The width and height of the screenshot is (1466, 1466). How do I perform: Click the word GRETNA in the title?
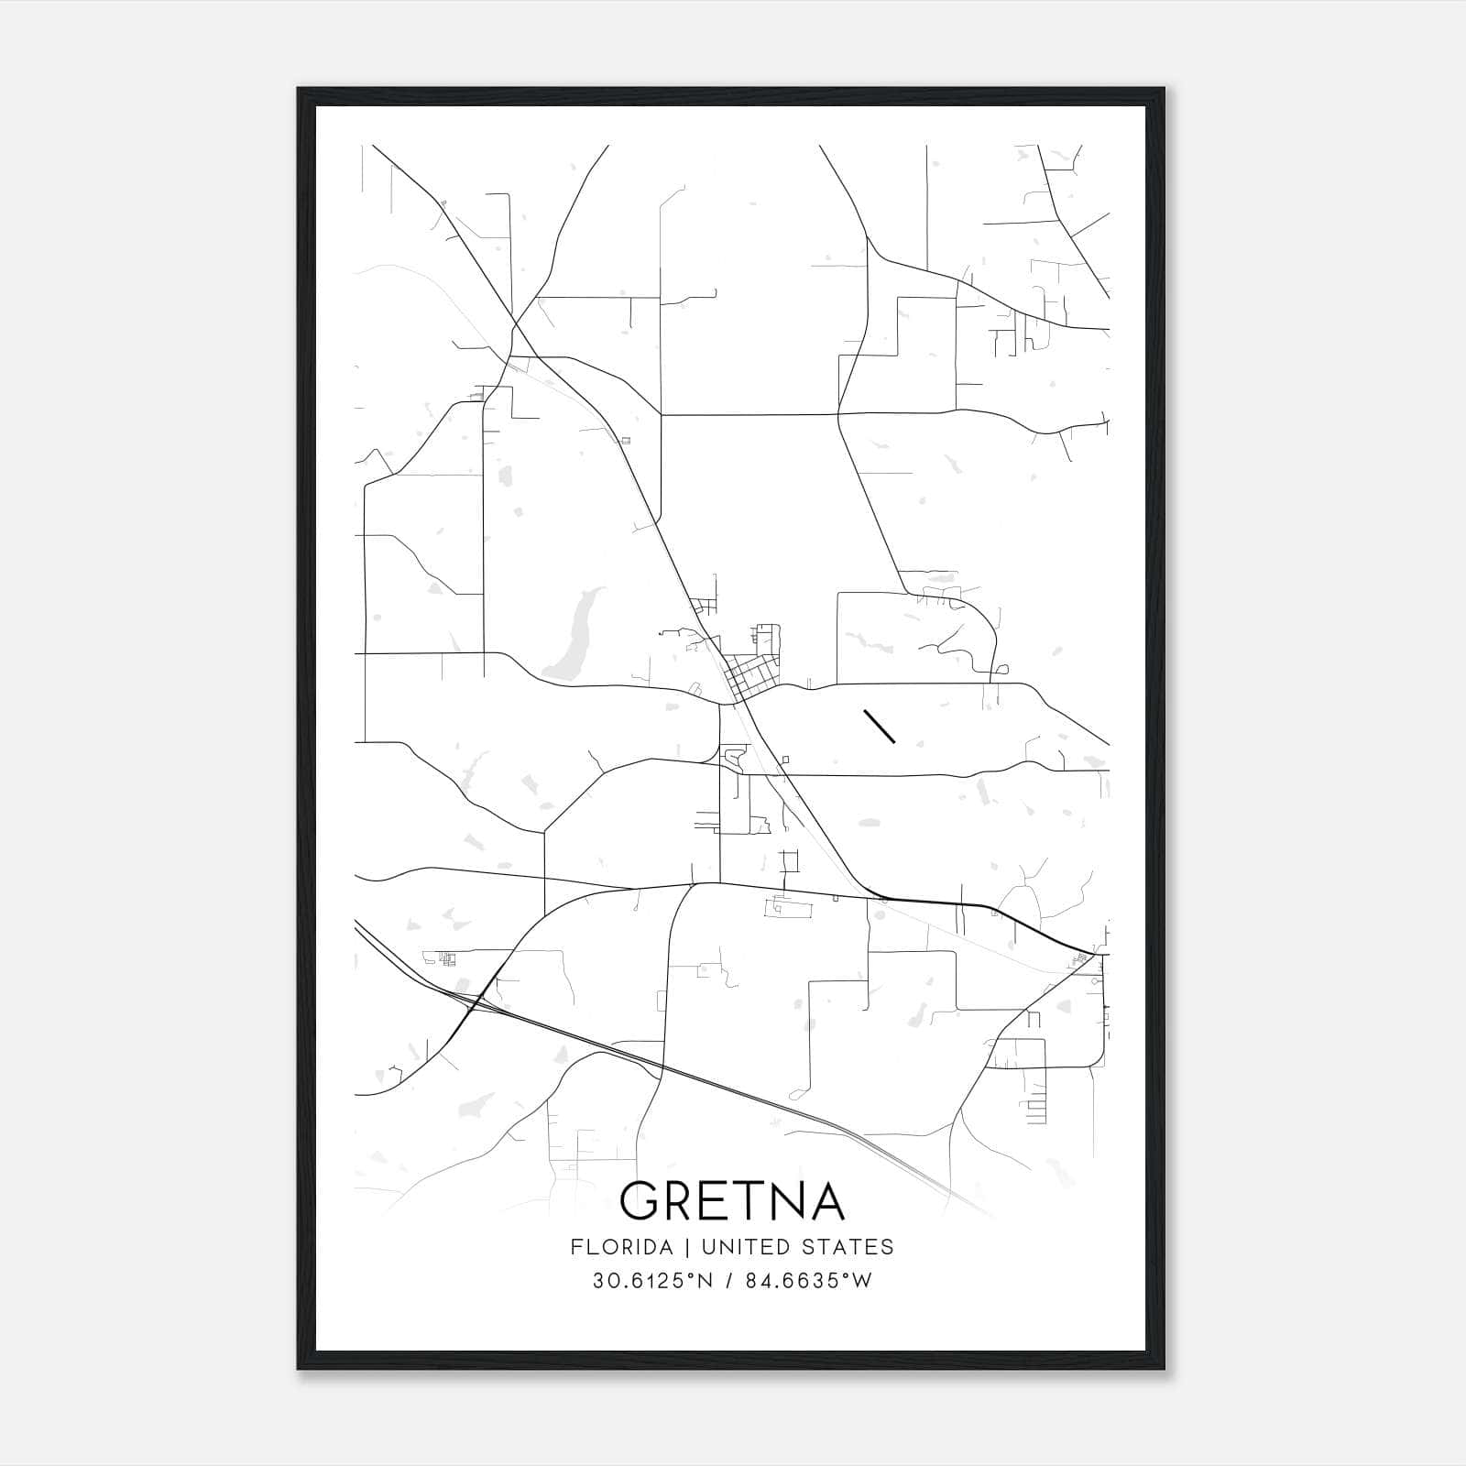tap(731, 1200)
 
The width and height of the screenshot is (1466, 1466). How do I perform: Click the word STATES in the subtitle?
tap(848, 1247)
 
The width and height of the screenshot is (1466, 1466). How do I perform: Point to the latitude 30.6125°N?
tap(652, 1281)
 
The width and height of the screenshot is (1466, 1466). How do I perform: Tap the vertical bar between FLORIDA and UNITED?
tap(674, 1247)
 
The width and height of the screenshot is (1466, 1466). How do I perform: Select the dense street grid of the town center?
tap(751, 678)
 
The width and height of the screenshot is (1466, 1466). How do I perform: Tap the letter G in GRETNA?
tap(640, 1200)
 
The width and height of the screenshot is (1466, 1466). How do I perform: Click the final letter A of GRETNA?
tap(826, 1200)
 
